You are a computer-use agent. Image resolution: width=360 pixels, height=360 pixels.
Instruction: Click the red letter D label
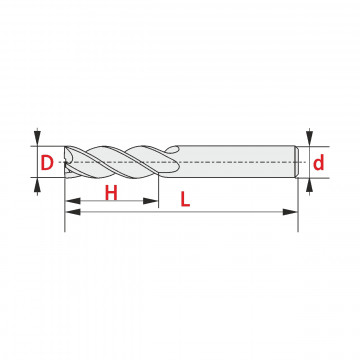47,163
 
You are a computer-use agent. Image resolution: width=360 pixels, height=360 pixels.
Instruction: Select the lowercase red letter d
319,163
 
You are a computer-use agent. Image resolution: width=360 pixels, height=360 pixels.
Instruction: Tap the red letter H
111,193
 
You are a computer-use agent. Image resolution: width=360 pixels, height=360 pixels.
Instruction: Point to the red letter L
185,199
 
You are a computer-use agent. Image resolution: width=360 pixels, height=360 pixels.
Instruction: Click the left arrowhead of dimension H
73,201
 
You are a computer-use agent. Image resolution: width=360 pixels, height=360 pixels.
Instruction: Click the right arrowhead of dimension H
150,201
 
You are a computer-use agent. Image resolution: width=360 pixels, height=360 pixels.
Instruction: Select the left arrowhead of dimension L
73,212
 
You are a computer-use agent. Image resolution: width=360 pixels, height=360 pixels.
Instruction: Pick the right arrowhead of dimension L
290,212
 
